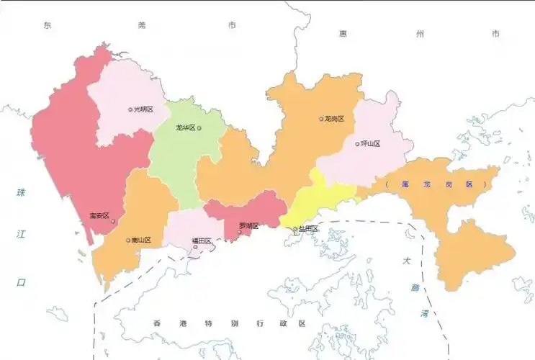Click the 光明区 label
144,109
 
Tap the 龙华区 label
185,128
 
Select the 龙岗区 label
336,119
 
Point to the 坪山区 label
371,143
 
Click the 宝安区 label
98,215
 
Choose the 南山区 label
141,240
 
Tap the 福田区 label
201,240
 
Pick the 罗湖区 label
248,225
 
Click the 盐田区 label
309,228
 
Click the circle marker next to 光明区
130,110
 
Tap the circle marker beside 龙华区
199,129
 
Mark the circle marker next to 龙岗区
322,119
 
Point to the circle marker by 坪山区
357,144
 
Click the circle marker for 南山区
127,240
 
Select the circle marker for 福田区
196,248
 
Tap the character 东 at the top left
48,25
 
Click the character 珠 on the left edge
21,192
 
